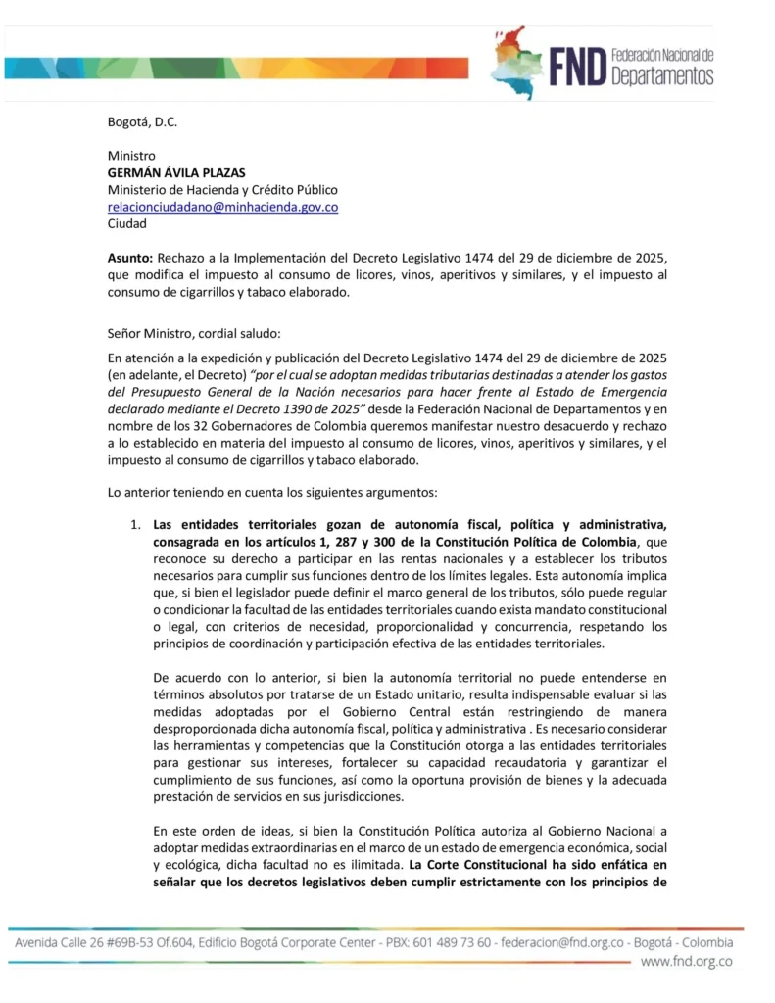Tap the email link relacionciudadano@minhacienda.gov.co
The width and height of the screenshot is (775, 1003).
point(222,207)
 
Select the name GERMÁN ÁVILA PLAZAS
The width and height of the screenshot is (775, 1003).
point(176,172)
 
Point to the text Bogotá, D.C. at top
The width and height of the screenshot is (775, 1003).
point(142,121)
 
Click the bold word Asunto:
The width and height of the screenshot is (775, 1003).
point(130,259)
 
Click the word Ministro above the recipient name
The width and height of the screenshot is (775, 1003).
point(131,156)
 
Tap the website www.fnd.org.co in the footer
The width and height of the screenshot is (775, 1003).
point(686,962)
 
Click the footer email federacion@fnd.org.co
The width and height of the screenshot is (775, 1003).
point(556,942)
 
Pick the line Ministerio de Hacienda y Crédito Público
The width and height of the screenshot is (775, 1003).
point(222,190)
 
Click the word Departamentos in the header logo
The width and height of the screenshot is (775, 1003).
point(661,76)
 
